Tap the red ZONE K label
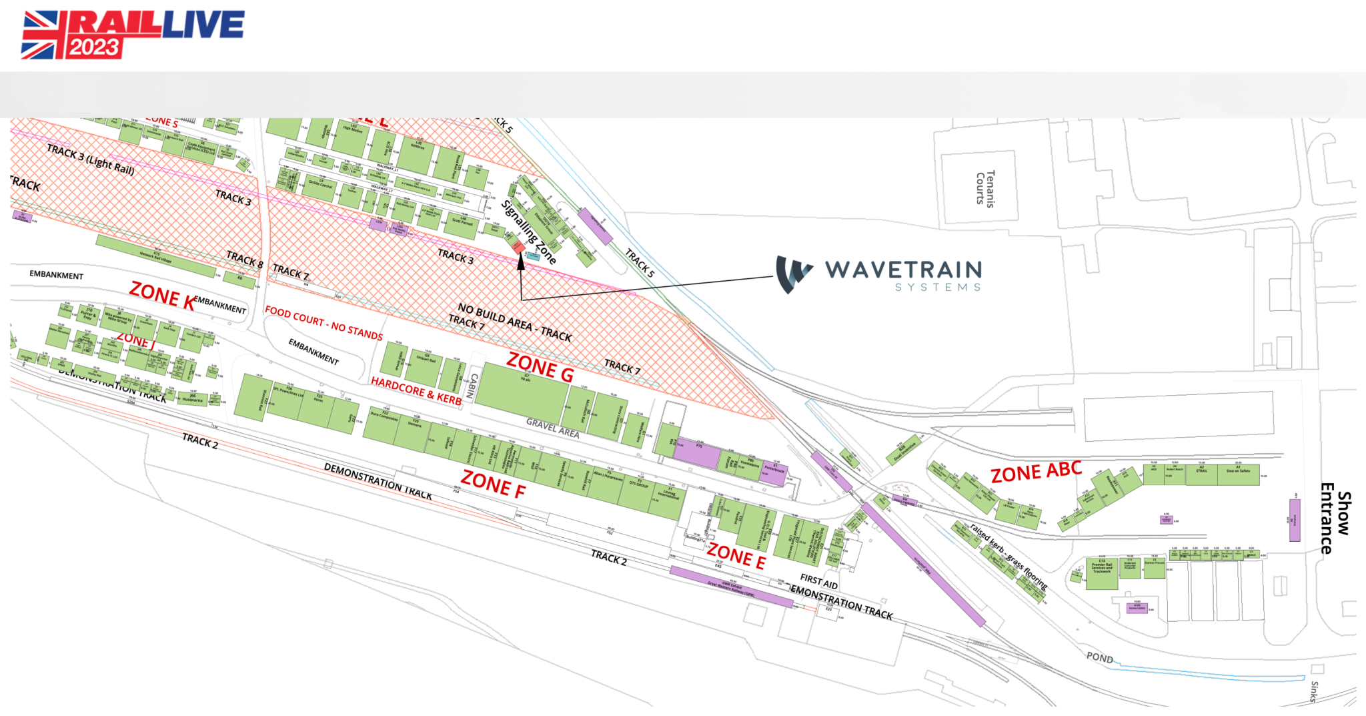point(162,296)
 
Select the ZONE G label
point(540,366)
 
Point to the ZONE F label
point(493,484)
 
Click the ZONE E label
point(736,556)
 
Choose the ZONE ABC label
point(1036,472)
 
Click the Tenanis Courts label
point(985,188)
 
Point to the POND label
point(1099,657)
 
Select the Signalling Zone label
point(529,232)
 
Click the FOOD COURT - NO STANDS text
point(323,323)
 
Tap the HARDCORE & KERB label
point(416,390)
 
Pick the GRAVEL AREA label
point(552,427)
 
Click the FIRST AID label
point(818,581)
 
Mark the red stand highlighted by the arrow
point(518,247)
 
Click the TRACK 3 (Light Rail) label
point(91,159)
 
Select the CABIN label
point(472,385)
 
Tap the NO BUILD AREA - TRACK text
point(514,322)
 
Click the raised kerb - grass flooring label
point(1008,556)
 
